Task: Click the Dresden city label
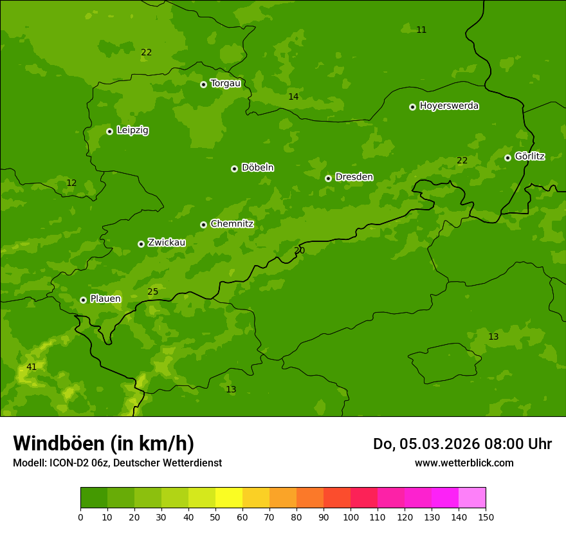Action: (x=354, y=177)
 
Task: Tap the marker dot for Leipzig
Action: (x=109, y=131)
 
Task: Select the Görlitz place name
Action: (x=529, y=156)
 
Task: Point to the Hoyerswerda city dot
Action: (x=412, y=107)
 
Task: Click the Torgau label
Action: (x=225, y=83)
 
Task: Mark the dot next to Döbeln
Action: (x=234, y=169)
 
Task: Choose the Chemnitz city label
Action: (x=232, y=224)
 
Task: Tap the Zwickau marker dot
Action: (x=141, y=244)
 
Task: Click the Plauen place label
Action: (x=105, y=299)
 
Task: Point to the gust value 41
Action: (x=32, y=367)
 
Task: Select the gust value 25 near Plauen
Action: (x=152, y=292)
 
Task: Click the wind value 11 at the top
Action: (x=421, y=30)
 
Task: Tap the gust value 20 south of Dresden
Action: (x=299, y=250)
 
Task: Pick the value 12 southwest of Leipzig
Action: (x=71, y=183)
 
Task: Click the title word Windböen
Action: (x=57, y=443)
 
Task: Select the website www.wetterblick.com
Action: (x=464, y=463)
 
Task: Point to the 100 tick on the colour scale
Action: (x=351, y=517)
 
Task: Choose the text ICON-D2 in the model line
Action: (x=68, y=463)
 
